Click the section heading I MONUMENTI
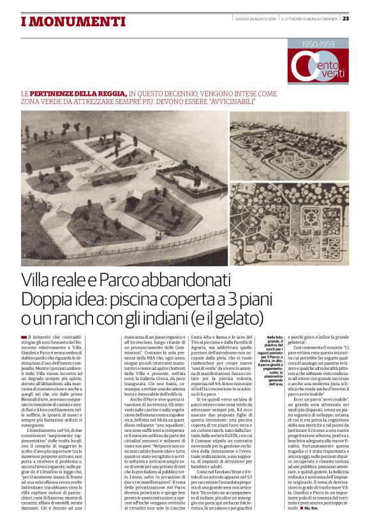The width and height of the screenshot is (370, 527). (x=64, y=22)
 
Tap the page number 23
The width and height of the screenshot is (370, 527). (x=363, y=18)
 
